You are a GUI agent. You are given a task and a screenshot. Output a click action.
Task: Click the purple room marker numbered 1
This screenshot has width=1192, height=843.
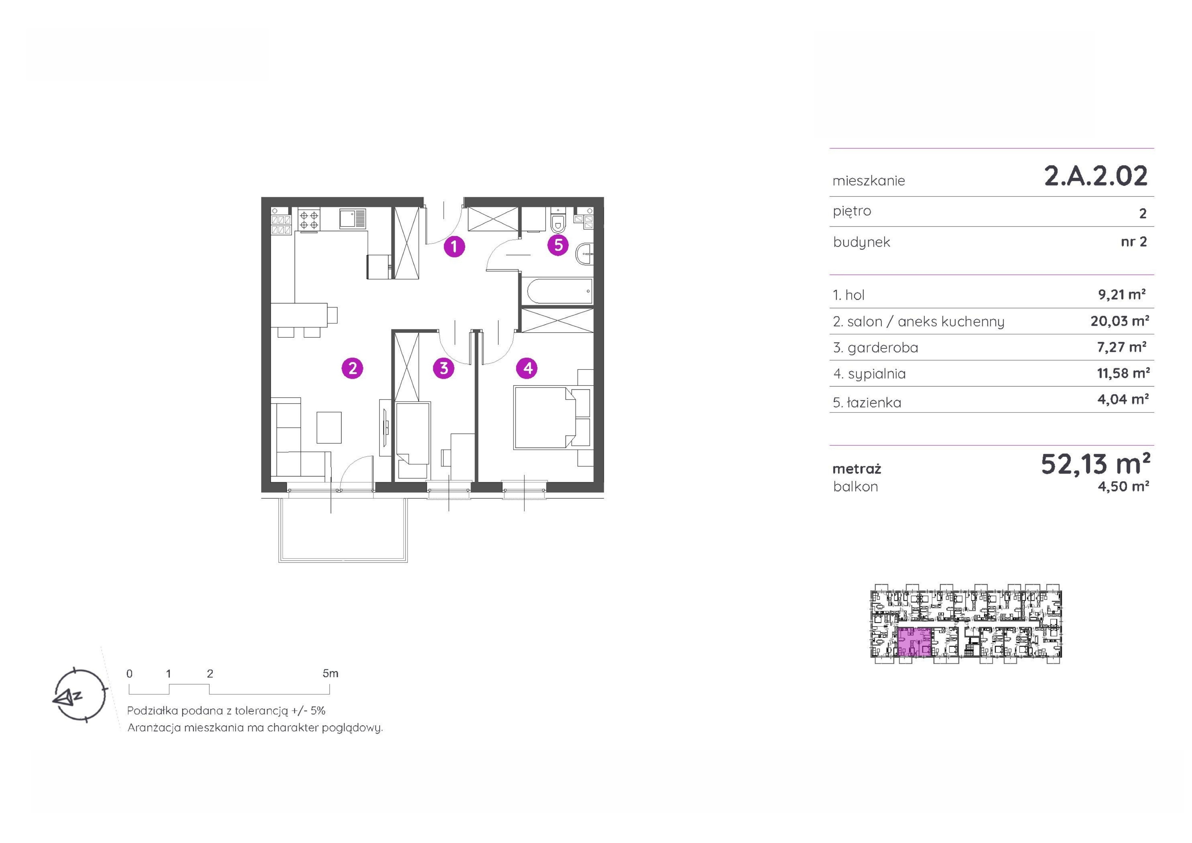pyautogui.click(x=454, y=246)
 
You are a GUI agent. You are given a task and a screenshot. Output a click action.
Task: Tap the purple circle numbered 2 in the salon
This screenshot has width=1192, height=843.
pyautogui.click(x=353, y=368)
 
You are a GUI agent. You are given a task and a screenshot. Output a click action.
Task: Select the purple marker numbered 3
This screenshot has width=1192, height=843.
pyautogui.click(x=444, y=368)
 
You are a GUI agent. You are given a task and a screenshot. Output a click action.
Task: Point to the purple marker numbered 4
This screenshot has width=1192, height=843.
pyautogui.click(x=528, y=368)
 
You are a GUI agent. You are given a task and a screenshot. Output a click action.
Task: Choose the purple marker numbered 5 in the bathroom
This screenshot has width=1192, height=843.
pyautogui.click(x=559, y=245)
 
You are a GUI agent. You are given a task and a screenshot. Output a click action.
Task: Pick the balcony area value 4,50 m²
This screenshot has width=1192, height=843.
pyautogui.click(x=1123, y=487)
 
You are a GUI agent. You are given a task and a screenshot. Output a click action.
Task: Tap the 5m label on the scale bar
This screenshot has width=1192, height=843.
pyautogui.click(x=330, y=674)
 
